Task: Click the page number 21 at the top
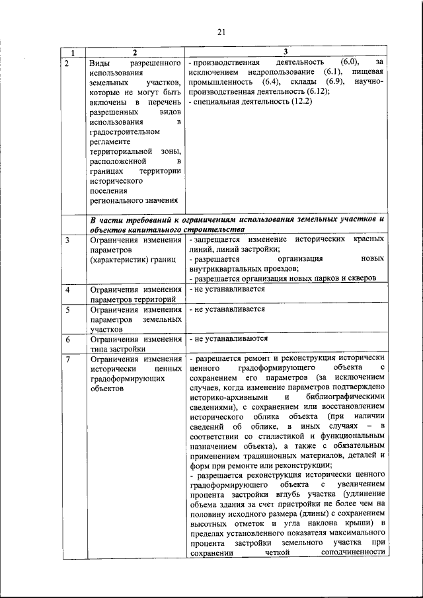(221, 30)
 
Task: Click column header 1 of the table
(73, 52)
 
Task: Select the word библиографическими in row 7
(346, 397)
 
